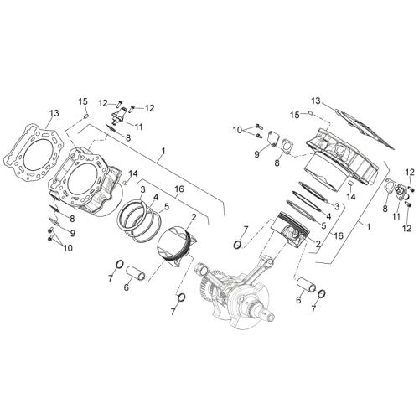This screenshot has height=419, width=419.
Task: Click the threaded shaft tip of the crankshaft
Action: tap(271, 317)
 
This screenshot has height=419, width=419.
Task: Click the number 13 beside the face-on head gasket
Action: tap(54, 113)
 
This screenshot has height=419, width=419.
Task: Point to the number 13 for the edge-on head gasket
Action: tap(316, 101)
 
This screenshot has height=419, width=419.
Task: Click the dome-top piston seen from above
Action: tap(176, 246)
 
